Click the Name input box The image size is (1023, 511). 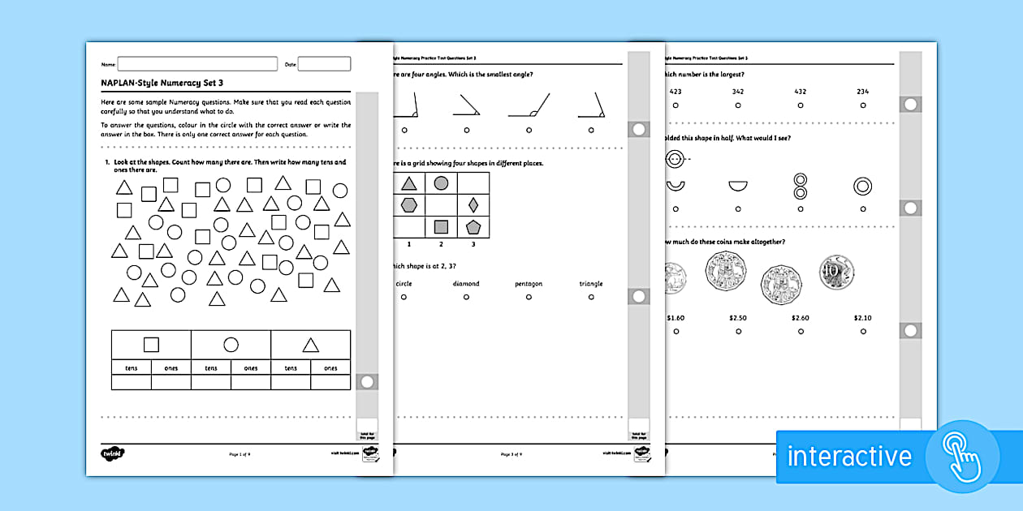coord(197,63)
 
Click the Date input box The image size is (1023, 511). coord(325,63)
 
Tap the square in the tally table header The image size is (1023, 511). coord(151,345)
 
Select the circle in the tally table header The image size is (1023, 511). coord(231,345)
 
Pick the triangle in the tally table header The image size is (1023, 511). coord(310,346)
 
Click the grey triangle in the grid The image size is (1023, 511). coord(409,183)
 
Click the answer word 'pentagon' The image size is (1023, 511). coord(529,284)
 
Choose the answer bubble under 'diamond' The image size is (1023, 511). coord(466,298)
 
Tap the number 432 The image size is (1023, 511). coord(800,92)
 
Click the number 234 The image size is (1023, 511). coord(862,92)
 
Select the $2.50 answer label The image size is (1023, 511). coord(737,318)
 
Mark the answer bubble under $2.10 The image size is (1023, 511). coord(862,332)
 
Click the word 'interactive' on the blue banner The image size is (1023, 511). coord(849,456)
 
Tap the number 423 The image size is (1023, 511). coord(675,92)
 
